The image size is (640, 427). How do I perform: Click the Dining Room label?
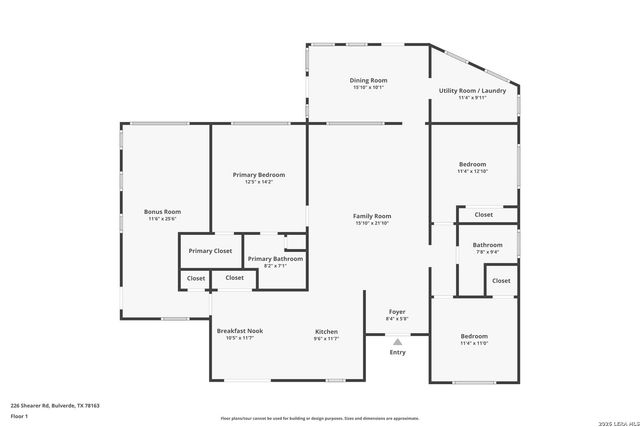point(368,80)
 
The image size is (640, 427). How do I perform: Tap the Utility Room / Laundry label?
point(472,90)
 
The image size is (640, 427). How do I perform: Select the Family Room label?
point(372,216)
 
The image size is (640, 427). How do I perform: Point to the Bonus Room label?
point(162,211)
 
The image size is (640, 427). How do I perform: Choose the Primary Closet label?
point(210,250)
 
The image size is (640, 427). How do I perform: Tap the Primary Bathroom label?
point(274,258)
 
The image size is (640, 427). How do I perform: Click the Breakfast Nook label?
point(239,331)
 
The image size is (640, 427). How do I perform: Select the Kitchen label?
point(327,331)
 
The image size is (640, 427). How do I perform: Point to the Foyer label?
point(396,312)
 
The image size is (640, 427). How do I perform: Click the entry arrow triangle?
point(397,341)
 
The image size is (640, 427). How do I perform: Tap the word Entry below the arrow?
point(397,352)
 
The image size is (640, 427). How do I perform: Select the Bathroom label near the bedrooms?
point(487,245)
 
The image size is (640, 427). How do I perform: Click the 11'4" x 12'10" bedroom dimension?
point(472,171)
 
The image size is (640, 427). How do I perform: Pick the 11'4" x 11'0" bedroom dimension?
point(473,343)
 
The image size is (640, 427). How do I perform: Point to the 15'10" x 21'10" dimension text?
point(372,223)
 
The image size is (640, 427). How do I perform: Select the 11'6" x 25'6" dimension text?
point(162,218)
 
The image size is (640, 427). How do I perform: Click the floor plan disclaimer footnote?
point(319,418)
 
